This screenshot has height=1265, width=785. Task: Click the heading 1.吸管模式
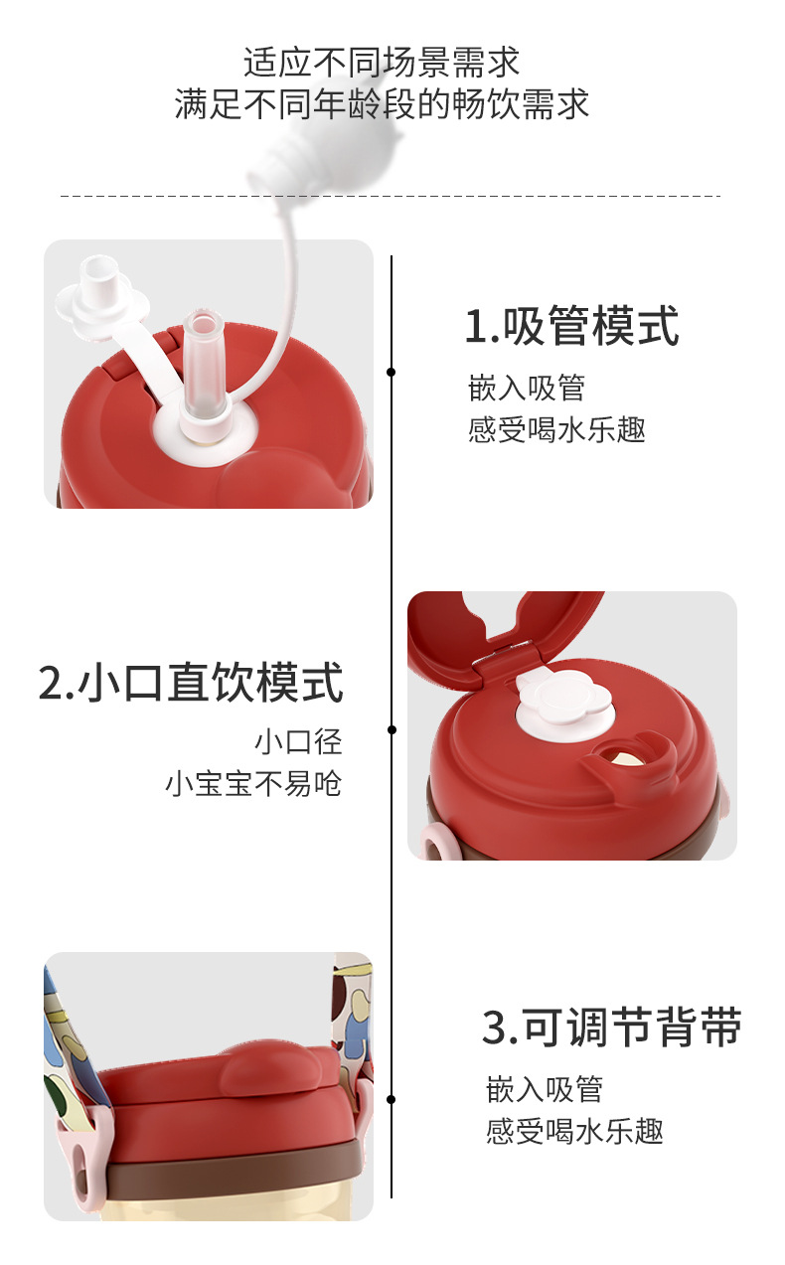click(x=572, y=327)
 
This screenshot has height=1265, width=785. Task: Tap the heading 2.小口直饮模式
click(x=191, y=684)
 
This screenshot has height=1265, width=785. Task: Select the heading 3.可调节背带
click(x=612, y=1028)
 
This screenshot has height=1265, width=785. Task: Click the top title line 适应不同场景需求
click(x=383, y=63)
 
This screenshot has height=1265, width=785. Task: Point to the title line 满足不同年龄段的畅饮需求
click(x=383, y=104)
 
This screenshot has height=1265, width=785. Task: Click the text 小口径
click(x=298, y=741)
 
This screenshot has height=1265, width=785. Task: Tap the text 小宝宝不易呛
click(x=253, y=784)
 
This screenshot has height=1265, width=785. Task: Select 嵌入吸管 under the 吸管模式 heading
click(x=527, y=388)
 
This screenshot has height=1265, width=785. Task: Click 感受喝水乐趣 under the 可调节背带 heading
click(x=574, y=1131)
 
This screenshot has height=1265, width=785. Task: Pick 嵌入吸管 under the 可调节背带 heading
click(x=545, y=1089)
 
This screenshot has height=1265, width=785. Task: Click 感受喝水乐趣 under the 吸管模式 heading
click(x=556, y=430)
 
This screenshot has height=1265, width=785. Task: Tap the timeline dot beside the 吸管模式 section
click(x=392, y=373)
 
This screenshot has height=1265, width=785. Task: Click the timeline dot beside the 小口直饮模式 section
click(x=392, y=730)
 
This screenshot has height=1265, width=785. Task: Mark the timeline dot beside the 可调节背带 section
click(x=392, y=1099)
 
